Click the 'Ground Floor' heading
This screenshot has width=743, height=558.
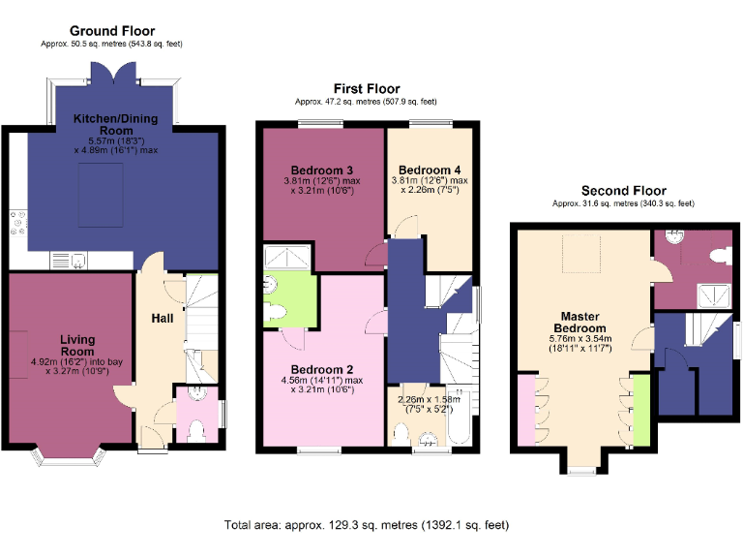(x=112, y=31)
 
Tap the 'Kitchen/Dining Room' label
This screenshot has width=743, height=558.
(x=116, y=124)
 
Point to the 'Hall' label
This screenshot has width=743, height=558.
(x=162, y=318)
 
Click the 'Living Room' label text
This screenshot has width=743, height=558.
(x=77, y=345)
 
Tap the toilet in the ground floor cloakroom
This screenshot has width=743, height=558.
(x=196, y=429)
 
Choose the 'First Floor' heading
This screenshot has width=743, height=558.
(x=366, y=88)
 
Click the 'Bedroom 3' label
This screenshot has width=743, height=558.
(x=322, y=170)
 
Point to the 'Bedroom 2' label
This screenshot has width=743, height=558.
(x=322, y=369)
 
